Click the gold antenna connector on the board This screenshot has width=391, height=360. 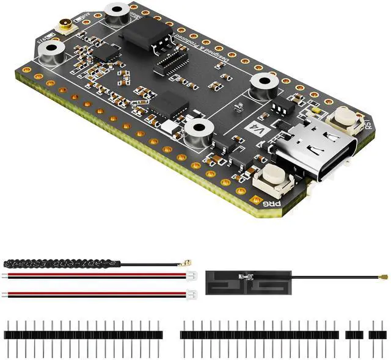coord(63,26)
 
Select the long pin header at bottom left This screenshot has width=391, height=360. coord(83,334)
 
